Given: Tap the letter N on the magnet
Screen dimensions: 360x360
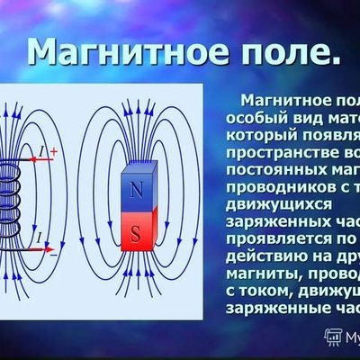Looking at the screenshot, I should [135, 191].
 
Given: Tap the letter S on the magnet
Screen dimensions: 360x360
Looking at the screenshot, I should [135, 236].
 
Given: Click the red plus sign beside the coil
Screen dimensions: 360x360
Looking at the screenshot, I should [53, 154].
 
